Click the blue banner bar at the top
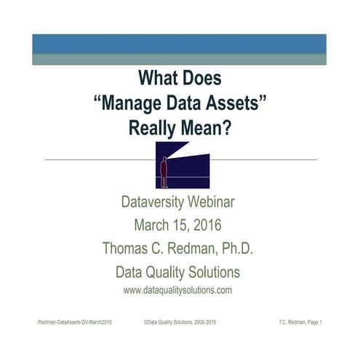pos(179,44)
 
